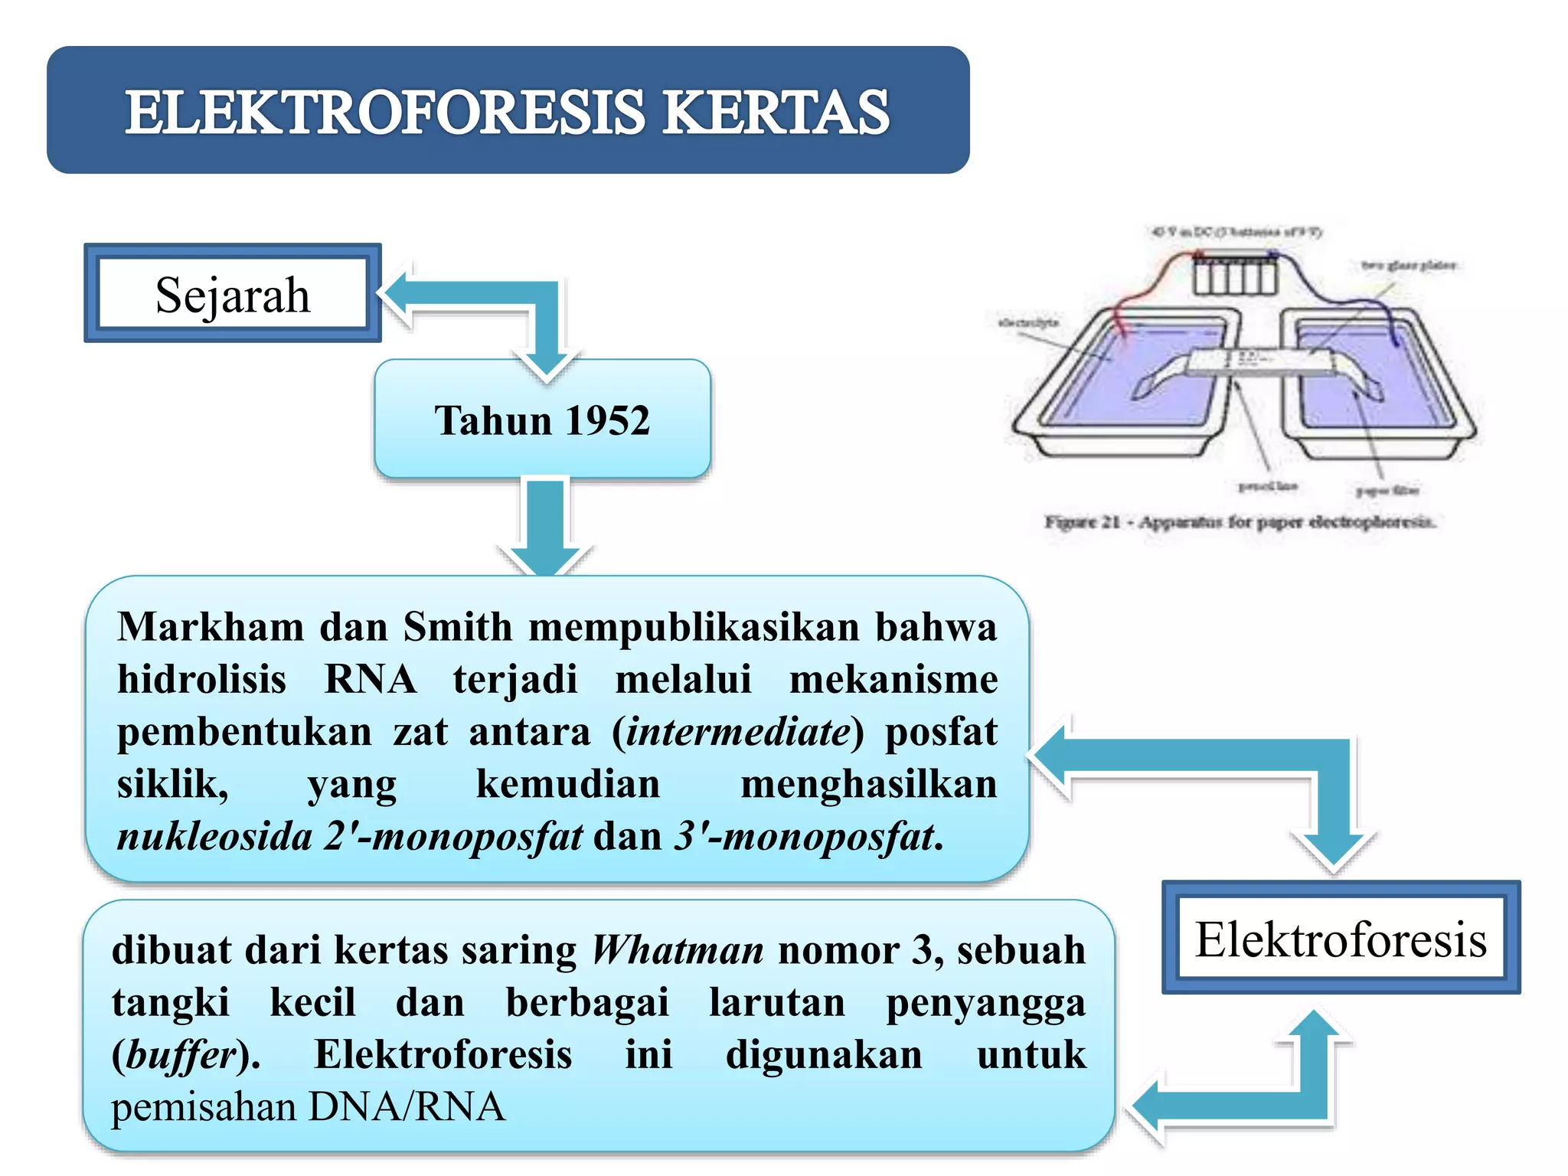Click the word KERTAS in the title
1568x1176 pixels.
pos(775,113)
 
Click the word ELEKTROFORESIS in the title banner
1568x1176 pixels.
pos(385,113)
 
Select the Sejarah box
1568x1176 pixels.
pos(233,294)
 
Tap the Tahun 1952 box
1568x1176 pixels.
pos(542,420)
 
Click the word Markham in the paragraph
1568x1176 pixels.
pos(211,627)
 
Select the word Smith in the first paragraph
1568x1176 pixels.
pos(457,627)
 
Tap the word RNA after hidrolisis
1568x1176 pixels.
pos(371,679)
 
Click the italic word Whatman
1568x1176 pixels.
pos(678,950)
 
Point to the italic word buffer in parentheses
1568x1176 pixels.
pos(181,1055)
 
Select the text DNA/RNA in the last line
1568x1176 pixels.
pos(407,1107)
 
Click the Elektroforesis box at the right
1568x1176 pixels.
pos(1341,939)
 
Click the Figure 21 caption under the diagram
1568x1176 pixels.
pos(1240,522)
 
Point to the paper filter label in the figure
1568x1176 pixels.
pos(1387,490)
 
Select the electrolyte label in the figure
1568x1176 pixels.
pos(1028,322)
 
